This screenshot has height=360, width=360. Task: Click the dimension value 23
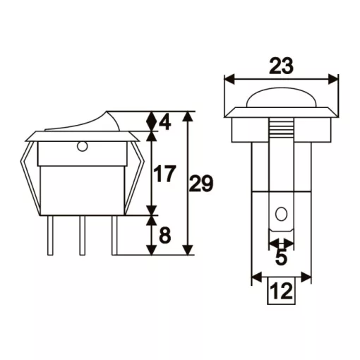(281, 66)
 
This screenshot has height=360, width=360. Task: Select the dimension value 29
(201, 184)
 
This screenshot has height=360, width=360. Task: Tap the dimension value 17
(164, 174)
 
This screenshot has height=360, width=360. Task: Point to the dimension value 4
(165, 122)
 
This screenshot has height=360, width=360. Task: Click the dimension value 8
(164, 235)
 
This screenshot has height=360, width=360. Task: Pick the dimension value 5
(282, 258)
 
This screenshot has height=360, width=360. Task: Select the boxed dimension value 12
(282, 291)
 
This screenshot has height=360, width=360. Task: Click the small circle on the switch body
(82, 147)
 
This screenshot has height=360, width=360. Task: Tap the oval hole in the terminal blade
(281, 214)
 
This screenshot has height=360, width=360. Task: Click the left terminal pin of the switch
(50, 235)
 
